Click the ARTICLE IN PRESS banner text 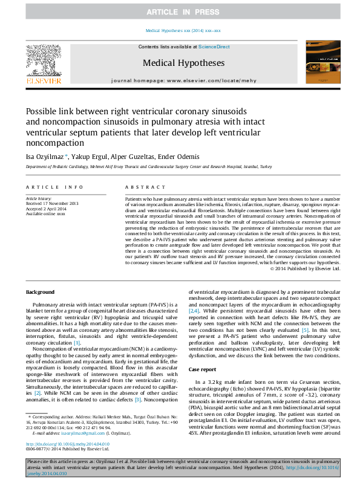click(180, 12)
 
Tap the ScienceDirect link click(214, 47)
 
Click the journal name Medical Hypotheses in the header click(183, 63)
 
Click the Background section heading click(40, 292)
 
